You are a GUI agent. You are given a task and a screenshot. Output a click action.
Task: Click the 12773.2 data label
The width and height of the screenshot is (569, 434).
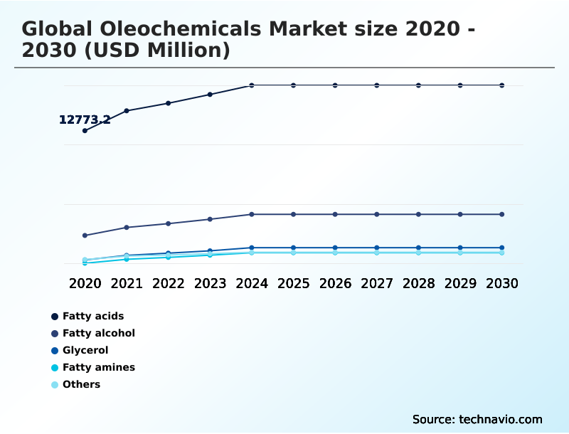[84, 120]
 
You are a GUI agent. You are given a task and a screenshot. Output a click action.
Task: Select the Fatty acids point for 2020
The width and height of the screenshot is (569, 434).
[85, 131]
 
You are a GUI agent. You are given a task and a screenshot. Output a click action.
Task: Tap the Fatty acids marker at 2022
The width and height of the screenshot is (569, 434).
[169, 103]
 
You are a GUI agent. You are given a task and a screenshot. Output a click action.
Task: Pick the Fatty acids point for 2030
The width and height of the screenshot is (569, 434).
[502, 85]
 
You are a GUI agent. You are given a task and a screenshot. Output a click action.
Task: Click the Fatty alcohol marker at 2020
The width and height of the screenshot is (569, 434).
[85, 235]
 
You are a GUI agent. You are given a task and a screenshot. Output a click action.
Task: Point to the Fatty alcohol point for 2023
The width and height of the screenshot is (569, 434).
[210, 219]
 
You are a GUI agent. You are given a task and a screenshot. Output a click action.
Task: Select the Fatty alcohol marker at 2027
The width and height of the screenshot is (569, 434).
[377, 214]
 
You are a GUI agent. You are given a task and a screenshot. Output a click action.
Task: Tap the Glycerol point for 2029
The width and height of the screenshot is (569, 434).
[460, 248]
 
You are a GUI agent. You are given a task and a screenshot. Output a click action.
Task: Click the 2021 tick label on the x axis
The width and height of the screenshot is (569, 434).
[127, 283]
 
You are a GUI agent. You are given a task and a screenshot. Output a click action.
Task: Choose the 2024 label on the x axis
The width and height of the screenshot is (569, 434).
[252, 283]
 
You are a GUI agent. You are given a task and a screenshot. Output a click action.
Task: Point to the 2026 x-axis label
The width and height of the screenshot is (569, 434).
[335, 283]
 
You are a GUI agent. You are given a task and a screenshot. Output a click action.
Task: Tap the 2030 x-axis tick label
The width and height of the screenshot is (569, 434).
[502, 283]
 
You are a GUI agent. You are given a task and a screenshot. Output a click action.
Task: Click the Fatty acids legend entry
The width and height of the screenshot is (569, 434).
[92, 316]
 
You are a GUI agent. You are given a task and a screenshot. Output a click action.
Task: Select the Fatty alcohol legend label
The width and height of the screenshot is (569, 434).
[98, 333]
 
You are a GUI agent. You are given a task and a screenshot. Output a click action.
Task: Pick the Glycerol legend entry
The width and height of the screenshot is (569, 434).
[85, 350]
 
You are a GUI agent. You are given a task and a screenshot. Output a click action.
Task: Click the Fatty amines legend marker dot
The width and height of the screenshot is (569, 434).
[55, 368]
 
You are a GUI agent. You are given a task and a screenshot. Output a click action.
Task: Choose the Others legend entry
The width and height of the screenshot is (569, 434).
[81, 384]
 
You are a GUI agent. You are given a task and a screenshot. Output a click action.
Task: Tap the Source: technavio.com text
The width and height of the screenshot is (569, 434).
[477, 419]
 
